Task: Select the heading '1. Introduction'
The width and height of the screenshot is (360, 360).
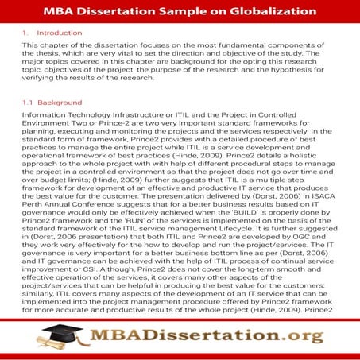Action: point(52,33)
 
